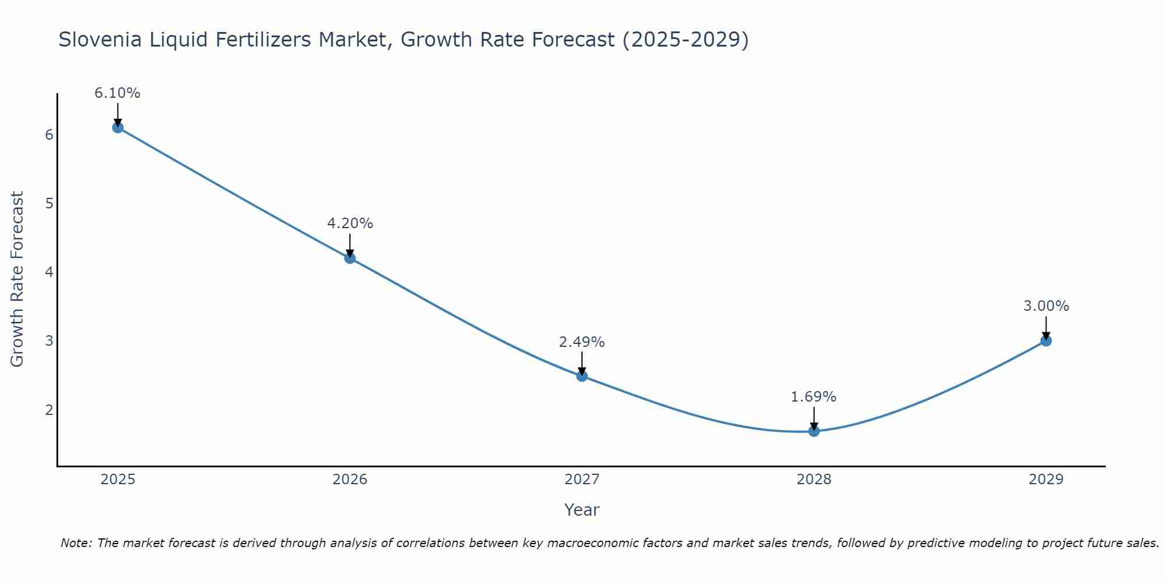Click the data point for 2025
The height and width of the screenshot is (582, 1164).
point(118,127)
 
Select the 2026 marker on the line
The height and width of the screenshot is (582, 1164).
point(350,258)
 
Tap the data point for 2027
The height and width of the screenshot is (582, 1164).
point(582,376)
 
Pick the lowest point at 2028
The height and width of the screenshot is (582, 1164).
point(814,431)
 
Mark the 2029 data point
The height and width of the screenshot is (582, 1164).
point(1046,340)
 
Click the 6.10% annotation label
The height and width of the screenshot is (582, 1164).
point(118,93)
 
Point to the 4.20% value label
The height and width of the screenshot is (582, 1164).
point(350,223)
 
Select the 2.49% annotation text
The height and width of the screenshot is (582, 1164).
point(582,342)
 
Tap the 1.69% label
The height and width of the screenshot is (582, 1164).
point(814,397)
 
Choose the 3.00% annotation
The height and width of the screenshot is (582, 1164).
point(1046,306)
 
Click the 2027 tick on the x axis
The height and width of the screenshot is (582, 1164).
point(582,480)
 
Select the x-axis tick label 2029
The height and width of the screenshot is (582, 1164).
point(1046,480)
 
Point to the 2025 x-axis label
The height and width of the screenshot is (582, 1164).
point(118,480)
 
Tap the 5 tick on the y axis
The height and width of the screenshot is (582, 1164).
point(49,204)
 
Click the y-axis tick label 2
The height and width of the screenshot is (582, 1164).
point(49,410)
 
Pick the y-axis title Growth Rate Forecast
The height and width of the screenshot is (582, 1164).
point(17,279)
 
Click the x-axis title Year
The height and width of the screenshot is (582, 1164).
point(582,510)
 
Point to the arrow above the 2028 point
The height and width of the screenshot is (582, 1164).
point(814,418)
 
